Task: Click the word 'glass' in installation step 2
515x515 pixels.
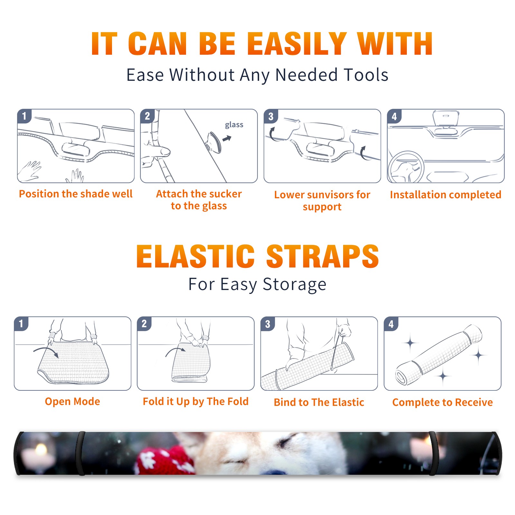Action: coord(234,125)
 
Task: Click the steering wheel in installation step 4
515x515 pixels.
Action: coord(406,167)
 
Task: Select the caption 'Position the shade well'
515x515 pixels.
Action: coord(76,194)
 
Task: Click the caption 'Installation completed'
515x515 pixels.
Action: coord(445,194)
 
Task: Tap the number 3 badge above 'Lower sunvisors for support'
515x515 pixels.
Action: coord(271,116)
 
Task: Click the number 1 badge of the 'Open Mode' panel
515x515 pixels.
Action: coord(21,323)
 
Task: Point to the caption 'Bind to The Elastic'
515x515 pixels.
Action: coord(319,402)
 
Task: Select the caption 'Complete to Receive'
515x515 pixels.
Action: coord(443,402)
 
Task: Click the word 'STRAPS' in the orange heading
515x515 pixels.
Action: coord(323,256)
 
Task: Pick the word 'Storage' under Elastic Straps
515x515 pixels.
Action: coord(295,285)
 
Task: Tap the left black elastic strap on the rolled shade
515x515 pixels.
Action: coord(81,453)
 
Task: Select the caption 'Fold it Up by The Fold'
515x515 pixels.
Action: coord(196,402)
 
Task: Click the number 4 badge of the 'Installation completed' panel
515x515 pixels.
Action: coord(394,116)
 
